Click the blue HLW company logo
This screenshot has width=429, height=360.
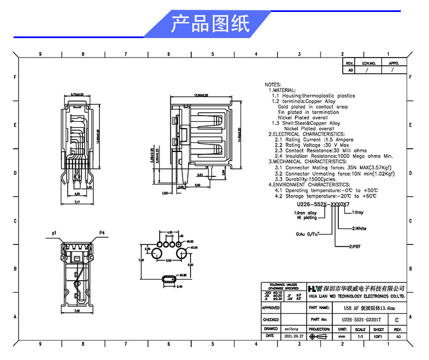click(x=316, y=288)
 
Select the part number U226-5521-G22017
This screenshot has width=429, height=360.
click(x=362, y=320)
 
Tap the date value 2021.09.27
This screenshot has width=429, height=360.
click(x=295, y=337)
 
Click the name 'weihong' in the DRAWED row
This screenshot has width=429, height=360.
click(x=292, y=329)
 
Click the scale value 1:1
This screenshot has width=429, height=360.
click(x=360, y=337)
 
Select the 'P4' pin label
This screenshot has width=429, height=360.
click(x=102, y=232)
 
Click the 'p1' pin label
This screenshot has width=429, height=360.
click(x=54, y=232)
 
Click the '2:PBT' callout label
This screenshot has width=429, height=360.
click(x=357, y=246)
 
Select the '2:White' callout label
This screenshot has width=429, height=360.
click(x=359, y=229)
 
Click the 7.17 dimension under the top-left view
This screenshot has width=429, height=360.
click(x=77, y=202)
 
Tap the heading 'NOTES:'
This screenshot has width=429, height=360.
click(x=273, y=85)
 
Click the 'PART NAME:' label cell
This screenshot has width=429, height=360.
click(x=319, y=307)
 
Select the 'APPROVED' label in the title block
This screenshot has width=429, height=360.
click(x=271, y=307)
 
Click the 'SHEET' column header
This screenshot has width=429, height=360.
click(x=378, y=329)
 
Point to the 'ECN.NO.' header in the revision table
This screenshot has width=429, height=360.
click(x=369, y=64)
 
